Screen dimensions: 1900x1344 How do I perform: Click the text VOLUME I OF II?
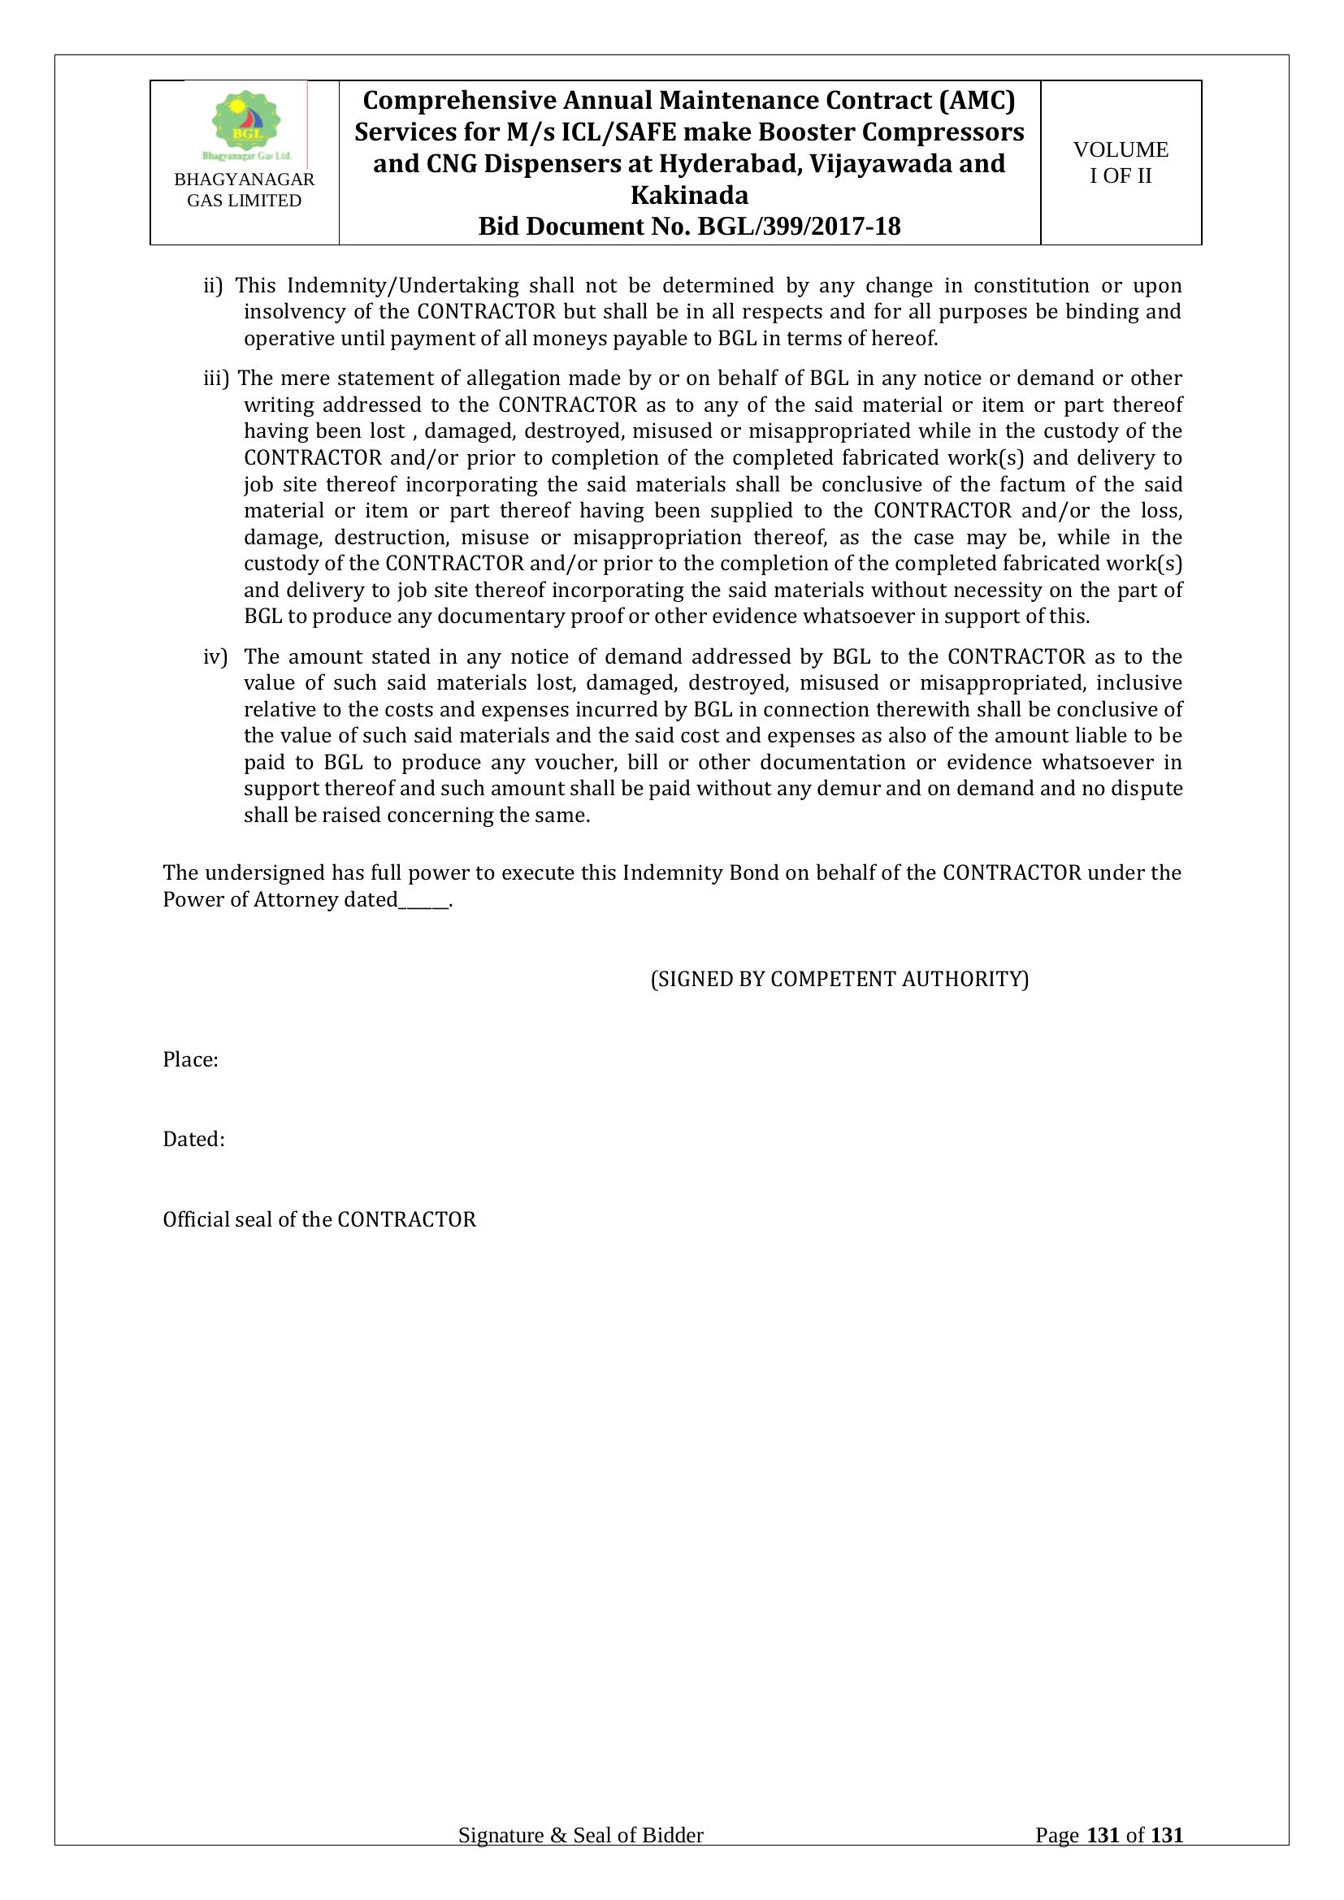1121,162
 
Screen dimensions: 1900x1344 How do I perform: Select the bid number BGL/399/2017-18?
800,227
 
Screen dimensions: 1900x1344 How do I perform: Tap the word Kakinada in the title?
689,195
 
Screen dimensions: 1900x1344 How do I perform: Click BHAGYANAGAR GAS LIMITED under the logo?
244,190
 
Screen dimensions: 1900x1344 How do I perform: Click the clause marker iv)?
215,657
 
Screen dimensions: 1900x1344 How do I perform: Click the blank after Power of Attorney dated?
423,900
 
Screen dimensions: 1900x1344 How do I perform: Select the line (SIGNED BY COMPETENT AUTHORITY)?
839,980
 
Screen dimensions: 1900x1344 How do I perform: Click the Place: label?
190,1060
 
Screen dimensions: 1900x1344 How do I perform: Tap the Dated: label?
193,1140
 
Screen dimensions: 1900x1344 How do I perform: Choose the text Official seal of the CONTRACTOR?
319,1220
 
